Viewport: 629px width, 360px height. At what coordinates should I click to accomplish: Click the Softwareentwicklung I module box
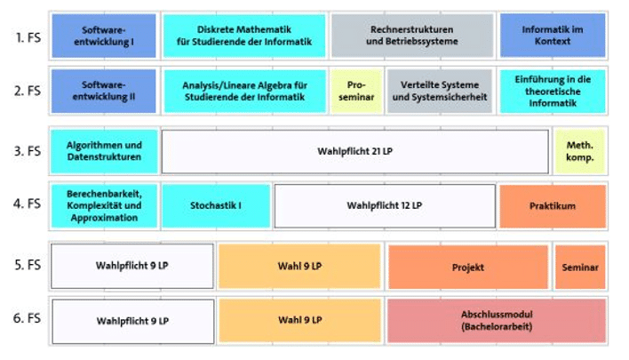tap(104, 36)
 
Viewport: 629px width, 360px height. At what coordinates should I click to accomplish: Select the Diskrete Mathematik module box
tap(243, 36)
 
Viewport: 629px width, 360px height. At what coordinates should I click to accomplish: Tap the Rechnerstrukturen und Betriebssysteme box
tap(411, 36)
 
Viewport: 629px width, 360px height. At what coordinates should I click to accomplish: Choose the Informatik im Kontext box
tap(552, 36)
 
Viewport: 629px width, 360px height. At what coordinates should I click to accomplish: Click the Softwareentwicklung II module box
tap(104, 91)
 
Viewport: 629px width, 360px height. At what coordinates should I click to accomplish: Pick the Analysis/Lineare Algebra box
tap(243, 91)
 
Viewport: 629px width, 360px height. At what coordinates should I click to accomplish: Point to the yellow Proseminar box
tap(356, 91)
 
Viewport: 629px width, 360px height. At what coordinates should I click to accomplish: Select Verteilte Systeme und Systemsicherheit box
tap(439, 91)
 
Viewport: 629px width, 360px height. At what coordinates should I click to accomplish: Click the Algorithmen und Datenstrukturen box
tap(104, 151)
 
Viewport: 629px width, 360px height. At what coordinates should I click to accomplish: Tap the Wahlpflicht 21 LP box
tap(354, 151)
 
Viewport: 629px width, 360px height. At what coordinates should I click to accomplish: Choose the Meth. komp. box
tap(579, 151)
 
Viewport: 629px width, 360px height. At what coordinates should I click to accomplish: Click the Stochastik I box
tap(216, 206)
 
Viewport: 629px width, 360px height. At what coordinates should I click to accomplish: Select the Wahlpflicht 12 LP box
tap(384, 206)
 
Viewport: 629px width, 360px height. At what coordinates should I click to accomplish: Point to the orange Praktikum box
tap(552, 206)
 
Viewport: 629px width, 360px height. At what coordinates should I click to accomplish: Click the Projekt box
tap(467, 267)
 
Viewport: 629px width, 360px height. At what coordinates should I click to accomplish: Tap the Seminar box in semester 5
tap(579, 267)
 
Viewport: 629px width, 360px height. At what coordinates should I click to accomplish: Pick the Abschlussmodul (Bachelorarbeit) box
tap(496, 321)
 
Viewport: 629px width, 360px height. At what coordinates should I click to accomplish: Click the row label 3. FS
tap(28, 151)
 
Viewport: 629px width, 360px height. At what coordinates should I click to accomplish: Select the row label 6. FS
tap(28, 318)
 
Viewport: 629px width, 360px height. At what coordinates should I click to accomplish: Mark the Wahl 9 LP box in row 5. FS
tap(299, 267)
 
